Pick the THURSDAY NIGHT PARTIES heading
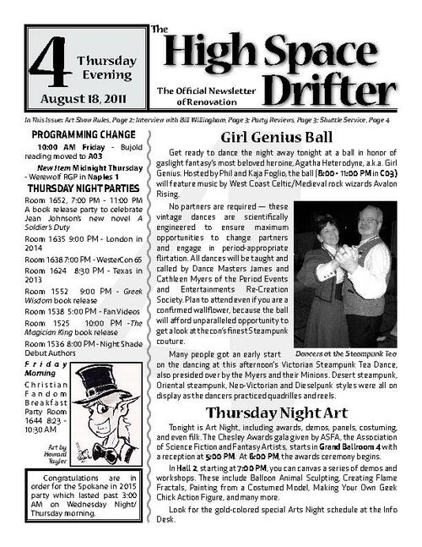click(x=80, y=188)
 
